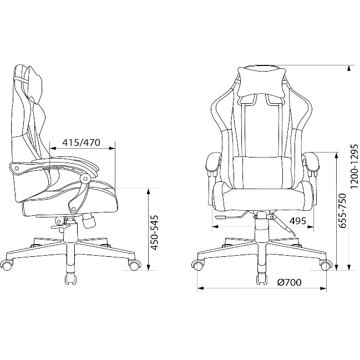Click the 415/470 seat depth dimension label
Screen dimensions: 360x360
point(82,143)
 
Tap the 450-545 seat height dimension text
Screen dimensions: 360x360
point(155,232)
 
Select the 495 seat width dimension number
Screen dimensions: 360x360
point(297,221)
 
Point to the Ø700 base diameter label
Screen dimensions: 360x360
point(289,282)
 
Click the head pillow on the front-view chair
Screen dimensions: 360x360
point(261,82)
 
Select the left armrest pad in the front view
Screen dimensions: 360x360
point(214,163)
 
